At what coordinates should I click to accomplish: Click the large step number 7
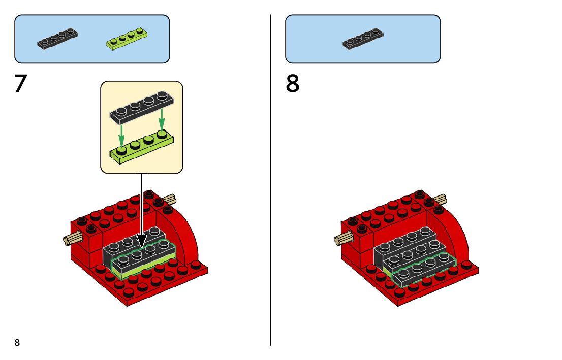(x=20, y=84)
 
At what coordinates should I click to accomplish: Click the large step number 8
(x=293, y=84)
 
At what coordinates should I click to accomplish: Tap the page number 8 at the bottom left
(x=17, y=343)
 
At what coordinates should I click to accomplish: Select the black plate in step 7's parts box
(x=58, y=39)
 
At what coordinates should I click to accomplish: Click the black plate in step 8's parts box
(x=363, y=39)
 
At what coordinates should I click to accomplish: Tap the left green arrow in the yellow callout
(x=122, y=134)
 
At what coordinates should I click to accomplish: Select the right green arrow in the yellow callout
(x=162, y=120)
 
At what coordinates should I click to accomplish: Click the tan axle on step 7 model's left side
(x=72, y=237)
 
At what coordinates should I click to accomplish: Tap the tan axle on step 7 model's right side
(x=169, y=199)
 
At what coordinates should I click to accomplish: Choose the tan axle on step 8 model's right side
(x=440, y=199)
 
